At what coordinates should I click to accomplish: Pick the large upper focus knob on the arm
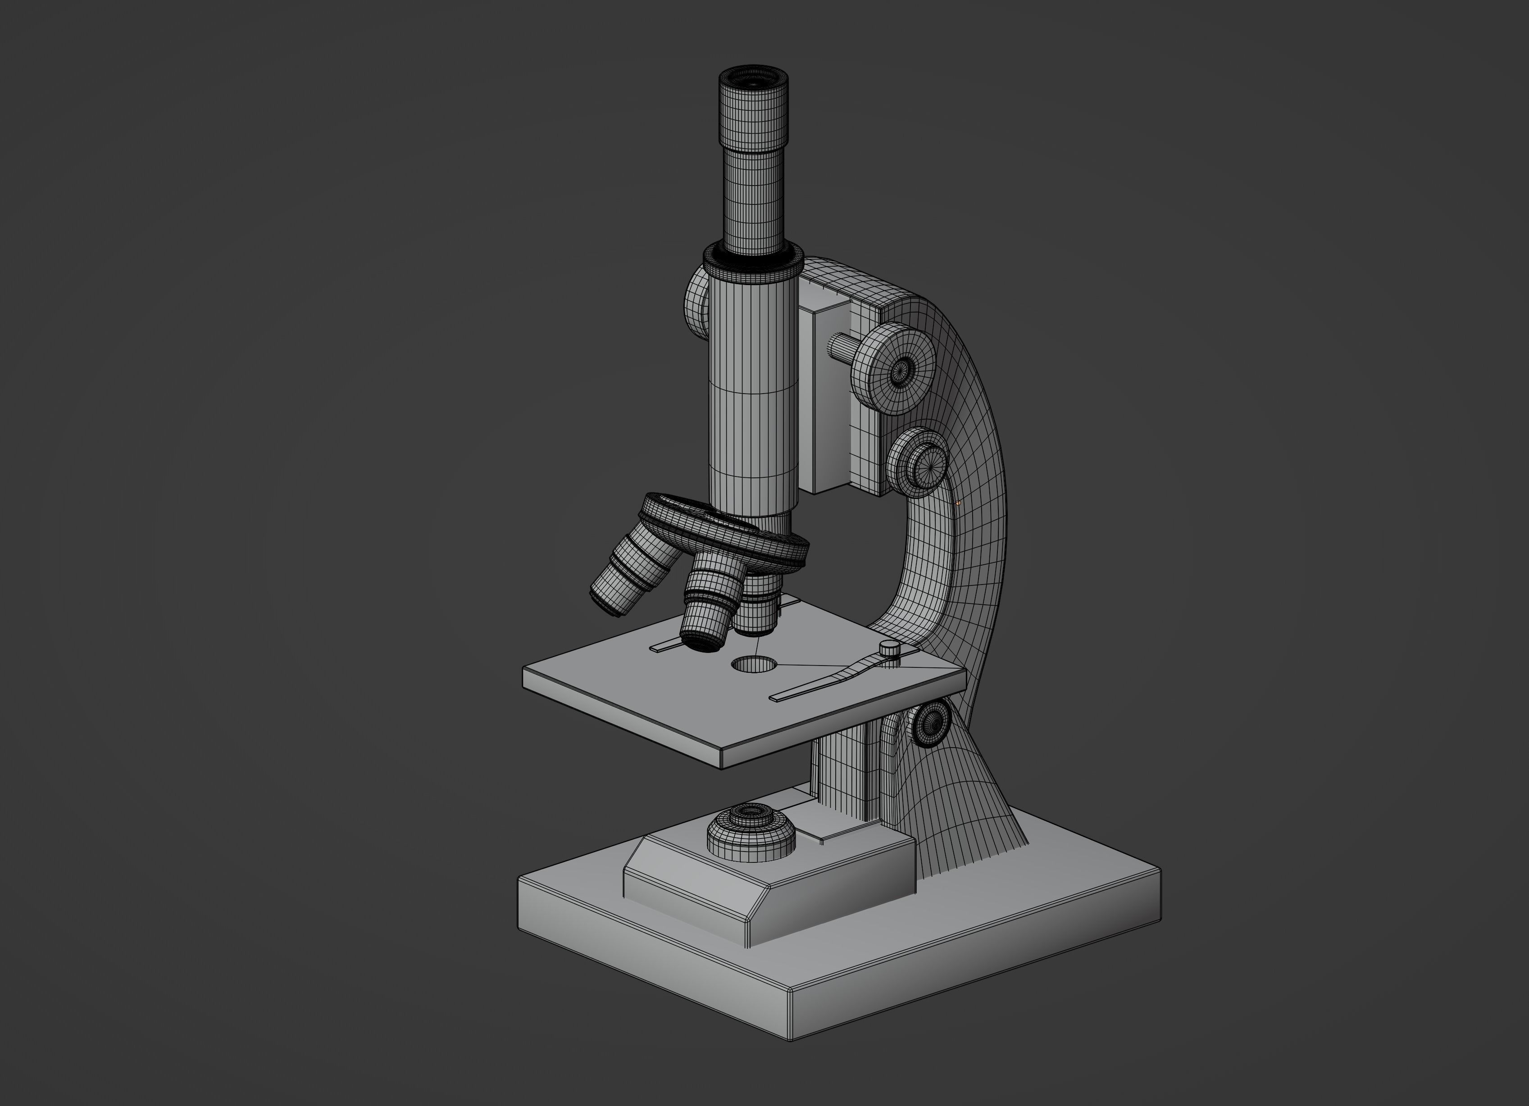click(x=893, y=369)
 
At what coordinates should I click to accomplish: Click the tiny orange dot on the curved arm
click(x=958, y=502)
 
